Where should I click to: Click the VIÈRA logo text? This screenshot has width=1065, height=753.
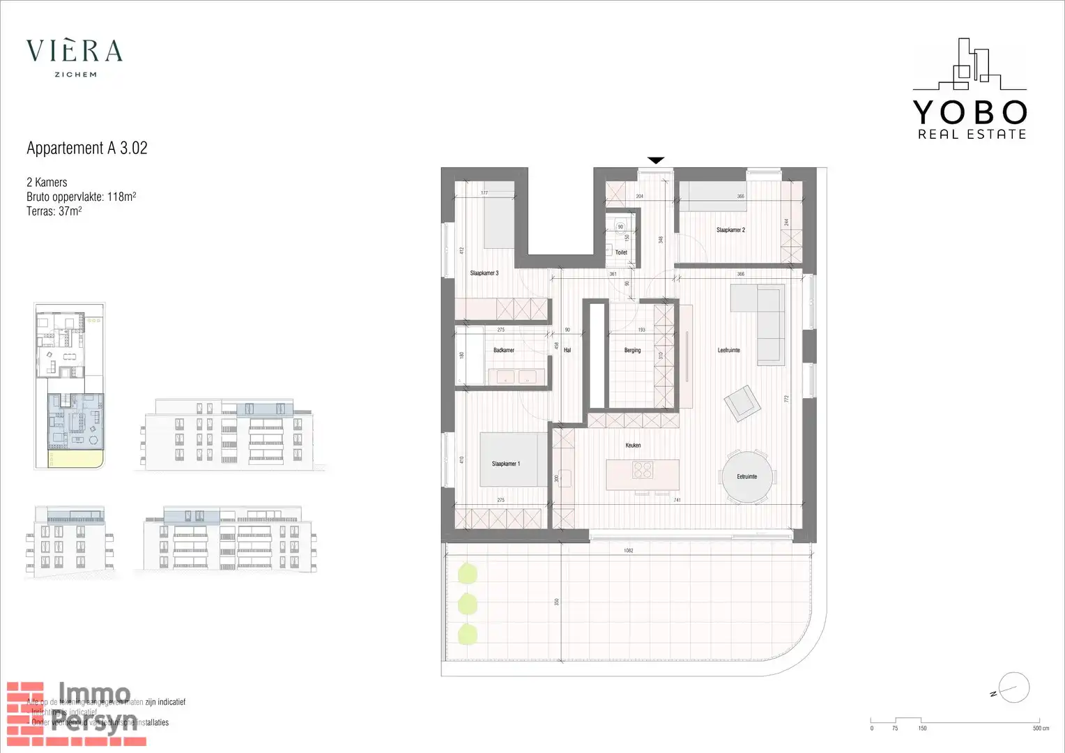tap(75, 51)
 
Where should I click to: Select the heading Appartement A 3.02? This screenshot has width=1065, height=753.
tap(87, 148)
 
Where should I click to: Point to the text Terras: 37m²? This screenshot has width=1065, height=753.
tap(54, 211)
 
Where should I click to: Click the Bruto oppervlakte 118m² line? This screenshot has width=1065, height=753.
tap(81, 197)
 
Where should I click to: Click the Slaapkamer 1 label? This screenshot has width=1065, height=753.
tap(505, 464)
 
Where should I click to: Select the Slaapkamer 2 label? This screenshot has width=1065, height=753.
tap(730, 230)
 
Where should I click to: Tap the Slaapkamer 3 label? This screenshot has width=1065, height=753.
tap(484, 273)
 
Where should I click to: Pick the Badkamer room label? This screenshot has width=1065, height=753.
tap(503, 350)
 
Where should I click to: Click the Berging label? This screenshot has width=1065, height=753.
tap(632, 350)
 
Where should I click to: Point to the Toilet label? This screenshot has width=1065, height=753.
tap(621, 252)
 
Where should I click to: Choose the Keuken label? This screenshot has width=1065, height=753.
tap(633, 445)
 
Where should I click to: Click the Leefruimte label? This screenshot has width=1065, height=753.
tap(728, 350)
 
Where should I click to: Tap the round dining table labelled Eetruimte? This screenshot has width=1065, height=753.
tap(746, 476)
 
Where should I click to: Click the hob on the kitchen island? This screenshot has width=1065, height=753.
tap(643, 471)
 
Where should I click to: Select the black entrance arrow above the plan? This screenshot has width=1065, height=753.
tap(656, 160)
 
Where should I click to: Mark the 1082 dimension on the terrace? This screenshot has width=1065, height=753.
tap(628, 551)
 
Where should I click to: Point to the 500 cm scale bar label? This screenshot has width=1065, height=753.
tap(1041, 729)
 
